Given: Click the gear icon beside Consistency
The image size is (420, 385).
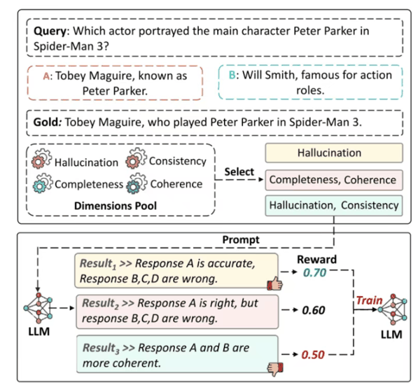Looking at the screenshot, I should [134, 160].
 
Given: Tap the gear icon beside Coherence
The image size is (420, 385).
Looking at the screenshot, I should [134, 184].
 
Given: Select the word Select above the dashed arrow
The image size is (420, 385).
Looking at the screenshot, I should [240, 170].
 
